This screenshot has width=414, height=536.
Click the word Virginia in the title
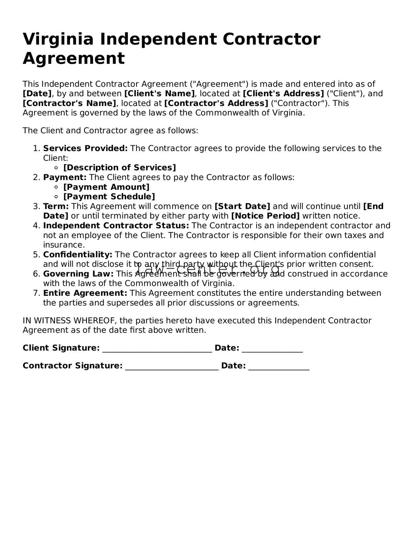click(x=58, y=39)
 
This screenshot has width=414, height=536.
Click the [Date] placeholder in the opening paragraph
click(x=37, y=94)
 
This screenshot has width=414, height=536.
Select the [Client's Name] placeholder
click(x=159, y=94)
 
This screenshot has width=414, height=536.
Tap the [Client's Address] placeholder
click(x=283, y=94)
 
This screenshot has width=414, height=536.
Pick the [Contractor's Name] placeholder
click(x=69, y=103)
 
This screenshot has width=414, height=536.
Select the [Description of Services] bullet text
click(x=119, y=168)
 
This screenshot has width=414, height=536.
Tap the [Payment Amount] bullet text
click(x=106, y=187)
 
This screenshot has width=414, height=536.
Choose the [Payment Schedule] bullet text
click(x=109, y=196)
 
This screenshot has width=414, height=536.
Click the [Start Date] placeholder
click(x=242, y=206)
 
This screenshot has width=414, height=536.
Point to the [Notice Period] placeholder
click(x=265, y=216)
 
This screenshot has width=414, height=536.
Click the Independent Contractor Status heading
click(x=116, y=225)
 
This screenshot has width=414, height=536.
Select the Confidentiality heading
click(x=78, y=254)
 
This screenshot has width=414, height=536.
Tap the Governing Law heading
click(x=78, y=274)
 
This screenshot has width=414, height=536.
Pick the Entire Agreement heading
click(x=85, y=293)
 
